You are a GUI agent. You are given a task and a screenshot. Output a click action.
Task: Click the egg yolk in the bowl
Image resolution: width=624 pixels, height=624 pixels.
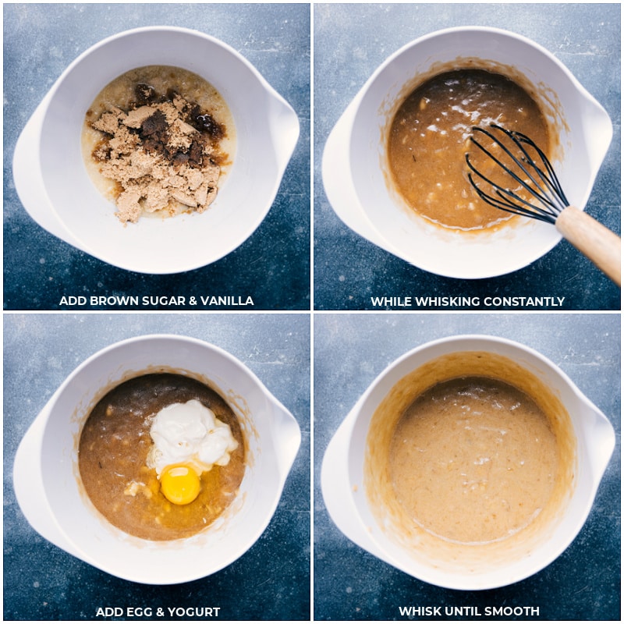click(180, 485)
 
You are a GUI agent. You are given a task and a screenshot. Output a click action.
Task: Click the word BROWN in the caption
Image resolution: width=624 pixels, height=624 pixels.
click(115, 300)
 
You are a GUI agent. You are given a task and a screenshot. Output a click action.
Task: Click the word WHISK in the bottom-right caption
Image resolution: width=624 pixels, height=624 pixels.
click(420, 611)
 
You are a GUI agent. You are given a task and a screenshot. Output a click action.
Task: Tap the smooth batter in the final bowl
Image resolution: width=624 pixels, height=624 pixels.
click(473, 462)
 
